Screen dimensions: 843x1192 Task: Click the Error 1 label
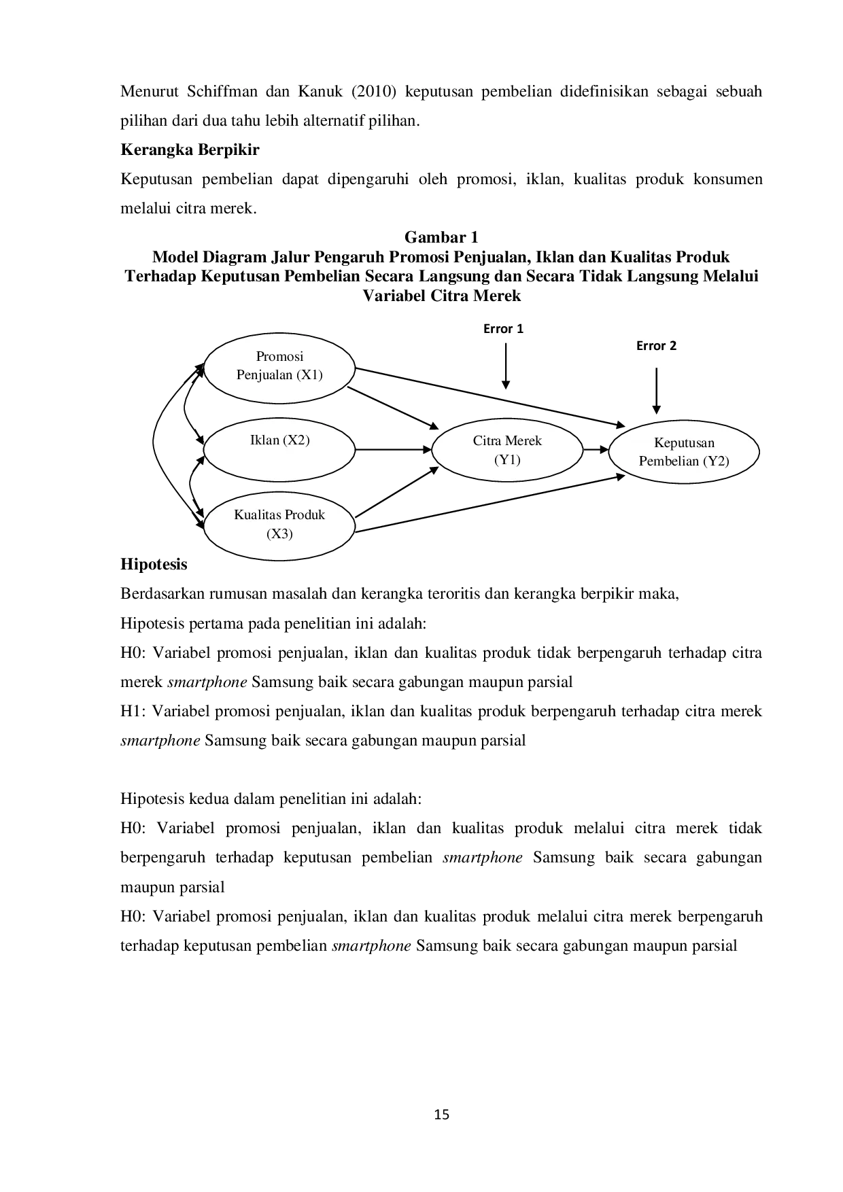(503, 329)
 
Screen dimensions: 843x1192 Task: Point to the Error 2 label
(656, 346)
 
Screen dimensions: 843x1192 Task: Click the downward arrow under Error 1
(506, 366)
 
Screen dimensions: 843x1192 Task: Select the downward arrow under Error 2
(656, 391)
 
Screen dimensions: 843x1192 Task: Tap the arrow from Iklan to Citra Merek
(394, 449)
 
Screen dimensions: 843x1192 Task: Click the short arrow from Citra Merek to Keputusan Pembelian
(596, 449)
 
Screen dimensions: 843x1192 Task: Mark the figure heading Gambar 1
(441, 237)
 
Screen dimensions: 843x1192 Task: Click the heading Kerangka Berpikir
(190, 150)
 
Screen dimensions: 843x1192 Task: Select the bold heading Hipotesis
(154, 564)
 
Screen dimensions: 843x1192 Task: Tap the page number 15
(442, 1115)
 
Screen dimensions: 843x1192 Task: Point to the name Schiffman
(212, 92)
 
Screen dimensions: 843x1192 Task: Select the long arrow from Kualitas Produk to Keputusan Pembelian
(489, 504)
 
